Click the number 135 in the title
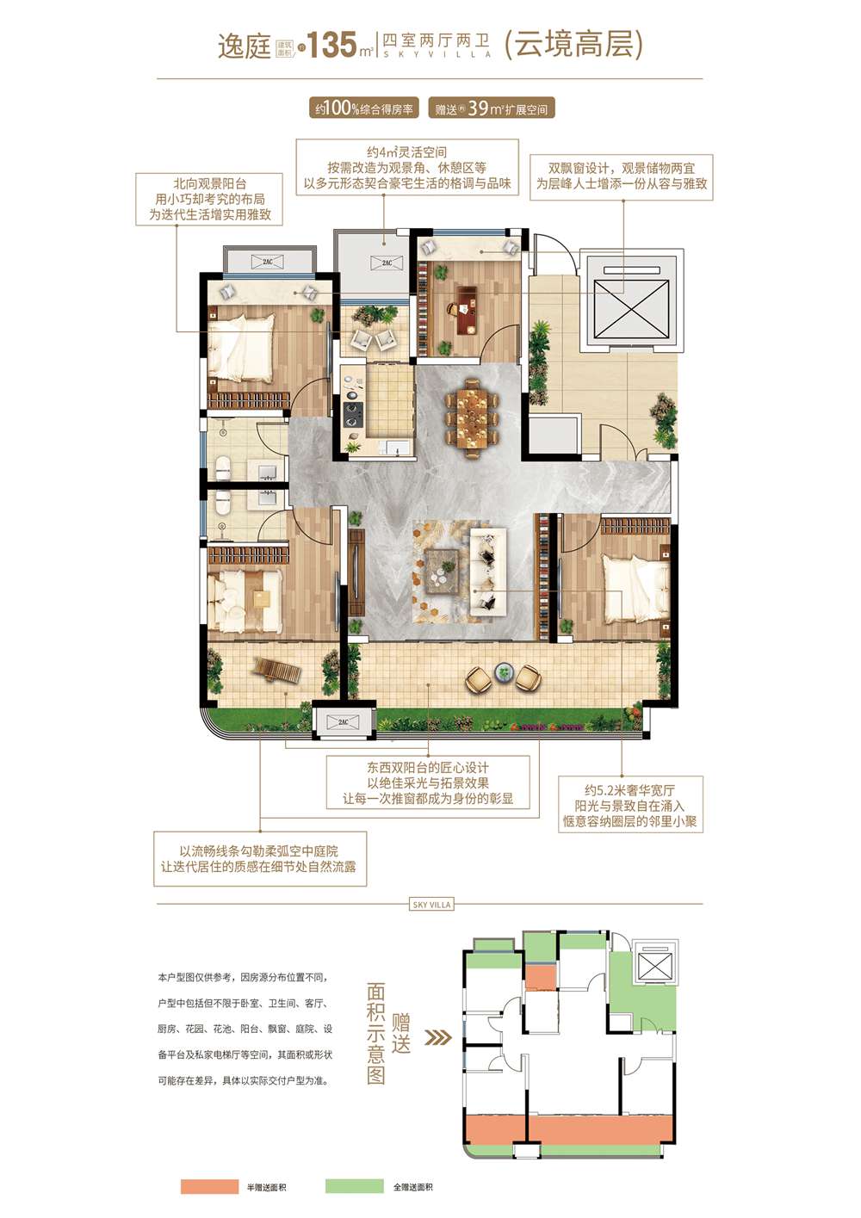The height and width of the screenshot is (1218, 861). click(x=332, y=45)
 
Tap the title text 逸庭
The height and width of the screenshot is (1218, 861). click(x=244, y=46)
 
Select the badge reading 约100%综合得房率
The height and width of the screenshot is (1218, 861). click(x=364, y=108)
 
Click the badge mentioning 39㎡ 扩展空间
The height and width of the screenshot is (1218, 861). click(x=491, y=108)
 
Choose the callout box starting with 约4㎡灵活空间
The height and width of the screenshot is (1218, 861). click(x=406, y=168)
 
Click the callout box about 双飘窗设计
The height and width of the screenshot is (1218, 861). click(x=622, y=176)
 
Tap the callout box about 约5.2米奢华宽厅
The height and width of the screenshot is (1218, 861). click(x=630, y=806)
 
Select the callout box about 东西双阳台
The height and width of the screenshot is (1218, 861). click(x=428, y=782)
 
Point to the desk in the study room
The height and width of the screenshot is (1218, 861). click(x=466, y=310)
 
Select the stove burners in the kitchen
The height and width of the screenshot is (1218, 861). click(x=351, y=414)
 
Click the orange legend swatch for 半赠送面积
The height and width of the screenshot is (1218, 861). click(x=209, y=1187)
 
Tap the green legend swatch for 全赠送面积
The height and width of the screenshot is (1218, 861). click(x=354, y=1187)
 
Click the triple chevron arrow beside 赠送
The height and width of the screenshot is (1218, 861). click(x=438, y=1037)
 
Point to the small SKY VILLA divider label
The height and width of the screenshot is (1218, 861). click(x=431, y=905)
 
